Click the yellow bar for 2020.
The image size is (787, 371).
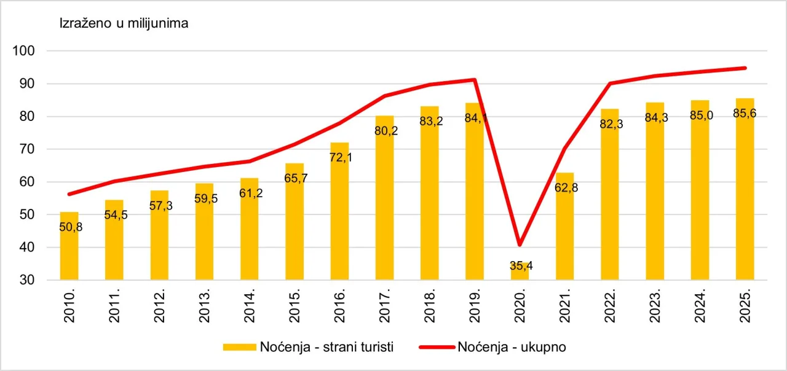(520, 271)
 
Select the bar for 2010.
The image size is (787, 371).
(69, 246)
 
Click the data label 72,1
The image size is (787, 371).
(339, 158)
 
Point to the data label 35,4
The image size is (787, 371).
(520, 265)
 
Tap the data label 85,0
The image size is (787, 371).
(700, 115)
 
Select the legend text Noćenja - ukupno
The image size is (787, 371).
(512, 347)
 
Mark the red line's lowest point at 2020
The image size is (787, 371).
(520, 245)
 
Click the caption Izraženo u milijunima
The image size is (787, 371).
(124, 24)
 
